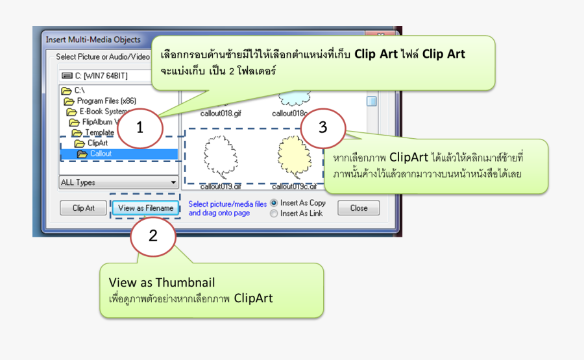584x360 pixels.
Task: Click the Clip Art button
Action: click(83, 208)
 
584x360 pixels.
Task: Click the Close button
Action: click(359, 208)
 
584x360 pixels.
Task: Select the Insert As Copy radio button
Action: click(274, 203)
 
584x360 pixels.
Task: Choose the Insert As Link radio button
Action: click(274, 213)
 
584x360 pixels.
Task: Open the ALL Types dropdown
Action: click(119, 182)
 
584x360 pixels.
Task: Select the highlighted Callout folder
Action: click(100, 154)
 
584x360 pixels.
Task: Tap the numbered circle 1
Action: click(140, 127)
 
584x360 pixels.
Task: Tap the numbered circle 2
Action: click(152, 236)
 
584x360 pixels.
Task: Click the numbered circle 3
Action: click(323, 126)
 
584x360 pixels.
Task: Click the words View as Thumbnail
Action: click(162, 283)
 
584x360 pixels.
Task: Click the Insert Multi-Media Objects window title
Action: click(93, 40)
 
